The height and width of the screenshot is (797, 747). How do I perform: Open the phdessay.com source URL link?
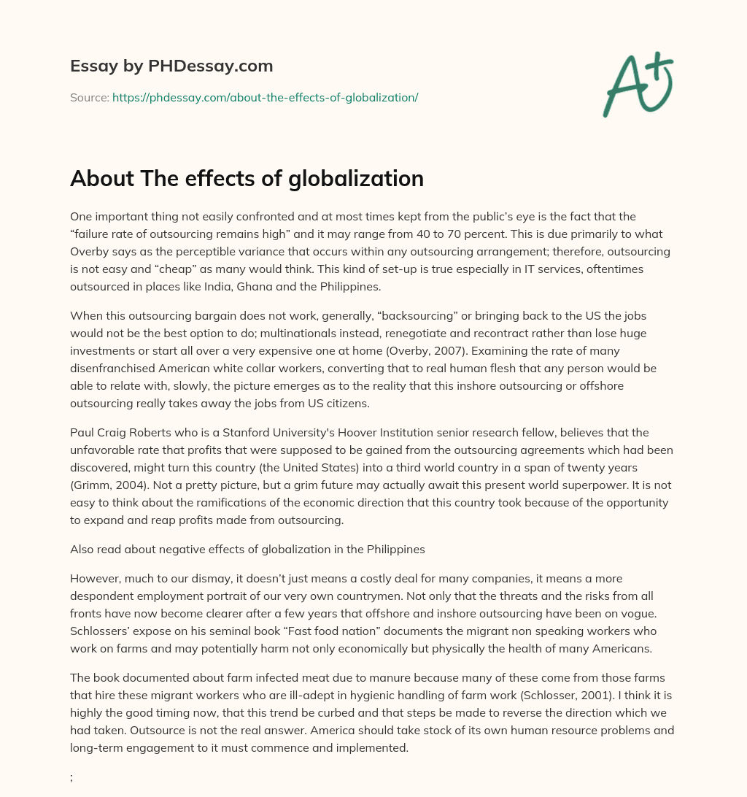click(265, 97)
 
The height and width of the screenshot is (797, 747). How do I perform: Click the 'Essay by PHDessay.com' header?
click(171, 66)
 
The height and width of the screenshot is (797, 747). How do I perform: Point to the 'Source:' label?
click(89, 97)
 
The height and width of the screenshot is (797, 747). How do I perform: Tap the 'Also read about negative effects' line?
click(247, 528)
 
